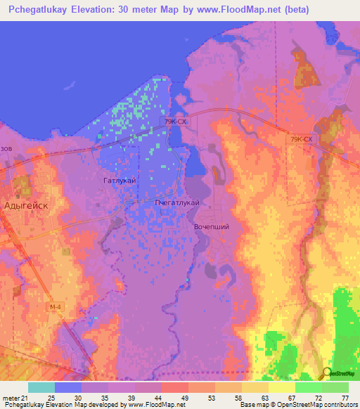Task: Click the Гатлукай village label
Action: (x=119, y=181)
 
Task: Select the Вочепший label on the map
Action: (x=211, y=227)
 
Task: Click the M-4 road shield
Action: (x=56, y=307)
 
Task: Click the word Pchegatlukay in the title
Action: (x=46, y=11)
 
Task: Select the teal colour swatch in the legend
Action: (x=41, y=387)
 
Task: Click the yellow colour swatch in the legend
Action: (x=281, y=387)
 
